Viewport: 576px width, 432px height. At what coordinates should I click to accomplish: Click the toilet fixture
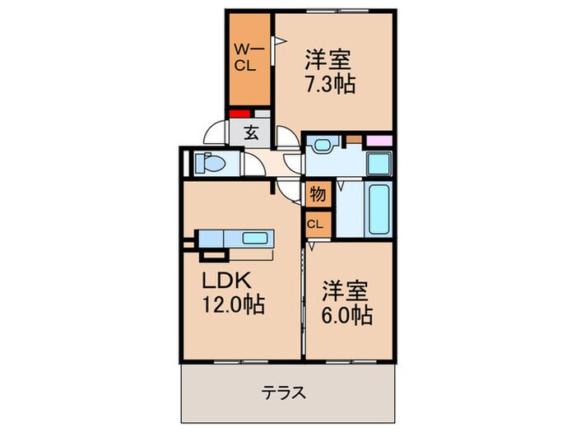(x=211, y=163)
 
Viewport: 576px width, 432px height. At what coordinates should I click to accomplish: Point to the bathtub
(x=379, y=209)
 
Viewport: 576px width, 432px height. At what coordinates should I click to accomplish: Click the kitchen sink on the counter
(x=256, y=239)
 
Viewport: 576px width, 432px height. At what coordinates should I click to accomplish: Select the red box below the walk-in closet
(x=239, y=114)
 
